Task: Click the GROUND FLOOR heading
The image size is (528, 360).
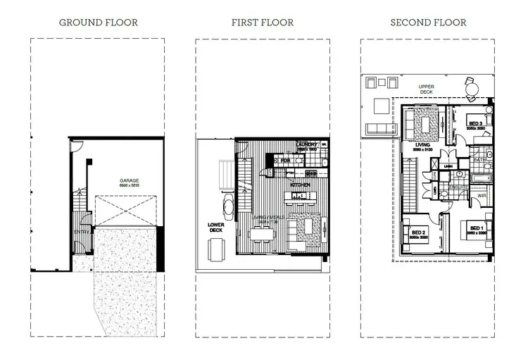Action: click(98, 23)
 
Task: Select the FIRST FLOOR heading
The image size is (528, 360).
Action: click(263, 23)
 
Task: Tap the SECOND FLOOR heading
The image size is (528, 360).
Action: click(428, 23)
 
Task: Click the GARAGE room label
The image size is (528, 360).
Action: click(128, 180)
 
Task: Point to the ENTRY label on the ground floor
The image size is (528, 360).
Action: click(81, 231)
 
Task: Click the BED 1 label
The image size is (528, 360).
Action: click(476, 228)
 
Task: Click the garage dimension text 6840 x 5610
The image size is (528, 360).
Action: click(128, 187)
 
